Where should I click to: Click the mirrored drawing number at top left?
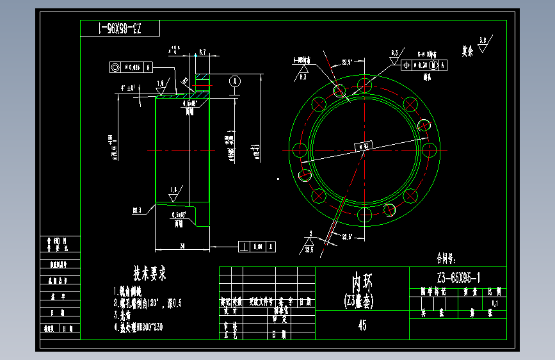120,29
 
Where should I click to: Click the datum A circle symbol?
235,81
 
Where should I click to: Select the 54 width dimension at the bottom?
182,246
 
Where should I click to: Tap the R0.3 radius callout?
137,210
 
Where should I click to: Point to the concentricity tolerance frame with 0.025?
131,67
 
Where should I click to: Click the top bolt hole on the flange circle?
364,84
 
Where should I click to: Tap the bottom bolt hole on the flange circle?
364,216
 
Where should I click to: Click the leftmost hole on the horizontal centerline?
298,150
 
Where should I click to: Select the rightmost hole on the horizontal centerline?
430,150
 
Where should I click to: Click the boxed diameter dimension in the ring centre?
364,146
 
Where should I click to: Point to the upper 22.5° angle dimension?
348,61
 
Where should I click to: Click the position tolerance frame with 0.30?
423,65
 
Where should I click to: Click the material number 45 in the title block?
362,325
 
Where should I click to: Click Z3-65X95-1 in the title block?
458,277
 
